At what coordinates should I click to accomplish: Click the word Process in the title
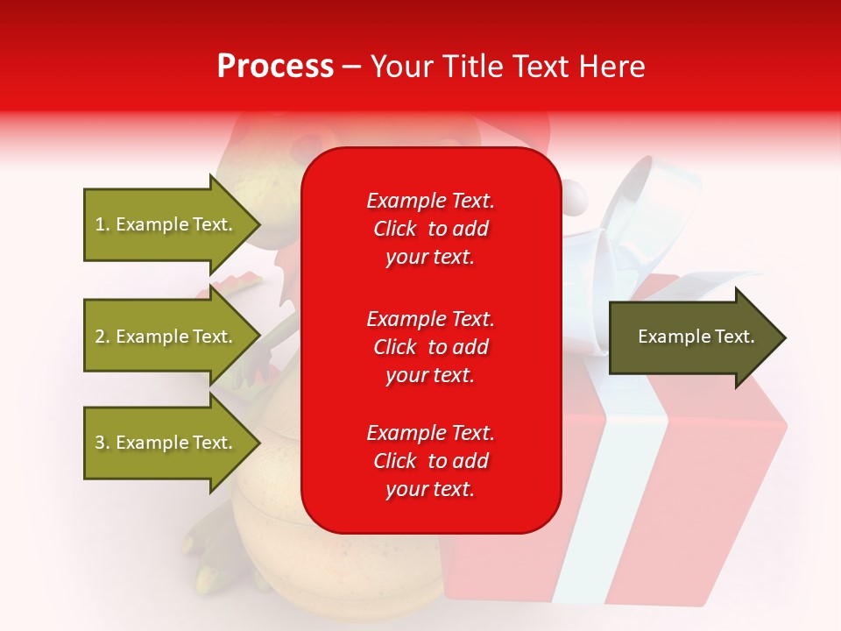coord(275,67)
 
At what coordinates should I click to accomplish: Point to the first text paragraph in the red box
coord(430,229)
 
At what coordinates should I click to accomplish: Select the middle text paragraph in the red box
coord(430,347)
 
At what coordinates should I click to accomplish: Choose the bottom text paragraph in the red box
coord(430,461)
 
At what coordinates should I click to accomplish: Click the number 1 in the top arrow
coord(100,224)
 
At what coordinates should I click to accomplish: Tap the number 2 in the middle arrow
coord(100,337)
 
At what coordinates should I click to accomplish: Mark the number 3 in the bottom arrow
coord(100,443)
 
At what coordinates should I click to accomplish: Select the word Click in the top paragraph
coord(395,229)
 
